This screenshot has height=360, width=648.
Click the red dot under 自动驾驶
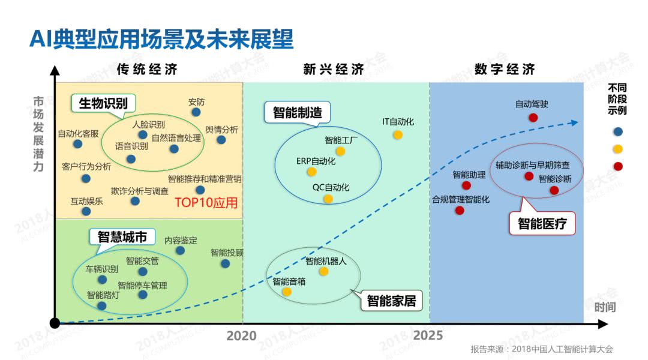(533, 118)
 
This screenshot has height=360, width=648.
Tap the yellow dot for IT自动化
(398, 134)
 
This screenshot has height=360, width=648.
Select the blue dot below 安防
(196, 112)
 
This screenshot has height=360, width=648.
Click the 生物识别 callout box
(103, 103)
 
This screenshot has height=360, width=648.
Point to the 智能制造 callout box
(297, 112)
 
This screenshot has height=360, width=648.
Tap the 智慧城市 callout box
(122, 237)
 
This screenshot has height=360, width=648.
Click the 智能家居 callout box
(391, 300)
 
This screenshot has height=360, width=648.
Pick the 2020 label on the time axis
(241, 336)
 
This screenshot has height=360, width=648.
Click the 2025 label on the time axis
(428, 336)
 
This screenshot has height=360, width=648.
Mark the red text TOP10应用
(206, 203)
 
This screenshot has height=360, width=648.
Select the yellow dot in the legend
(619, 149)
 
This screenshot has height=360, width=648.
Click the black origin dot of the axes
(55, 323)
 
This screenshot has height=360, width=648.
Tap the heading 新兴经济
(334, 69)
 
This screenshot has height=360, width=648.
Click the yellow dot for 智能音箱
(287, 292)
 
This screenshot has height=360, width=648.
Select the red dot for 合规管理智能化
(460, 211)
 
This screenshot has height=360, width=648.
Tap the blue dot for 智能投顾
(225, 263)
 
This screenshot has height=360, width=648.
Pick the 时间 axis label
(605, 308)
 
